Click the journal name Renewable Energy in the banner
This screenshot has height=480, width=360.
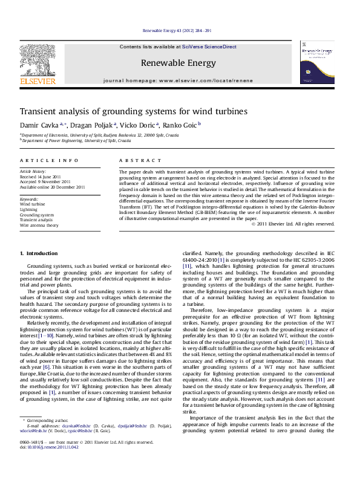[x=178, y=63]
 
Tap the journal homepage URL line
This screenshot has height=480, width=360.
[x=178, y=80]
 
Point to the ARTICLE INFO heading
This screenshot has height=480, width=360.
[x=49, y=160]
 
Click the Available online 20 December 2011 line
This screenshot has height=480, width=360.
[x=52, y=187]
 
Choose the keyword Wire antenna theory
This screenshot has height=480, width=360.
[x=39, y=225]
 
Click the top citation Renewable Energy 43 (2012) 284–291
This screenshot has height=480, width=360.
[x=177, y=30]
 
